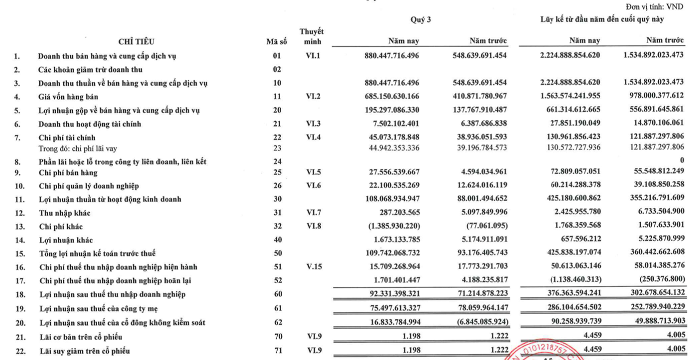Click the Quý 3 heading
(x=420, y=19)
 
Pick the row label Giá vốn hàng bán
(x=68, y=97)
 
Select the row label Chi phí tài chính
(x=67, y=137)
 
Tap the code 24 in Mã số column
(x=277, y=161)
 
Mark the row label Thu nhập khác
(x=65, y=213)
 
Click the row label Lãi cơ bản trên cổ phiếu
(x=81, y=337)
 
